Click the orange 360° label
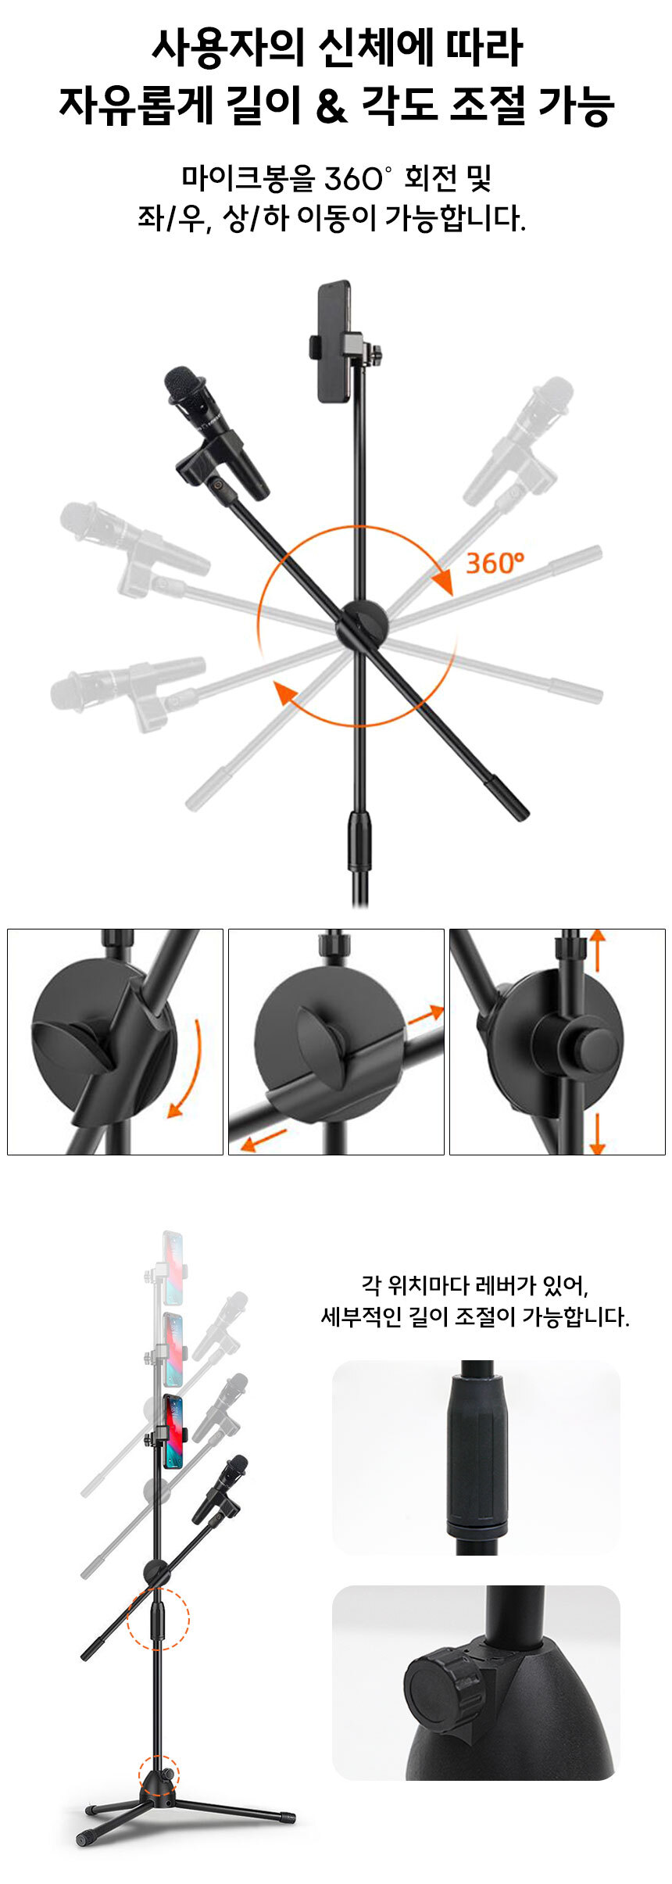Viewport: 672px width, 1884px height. click(495, 562)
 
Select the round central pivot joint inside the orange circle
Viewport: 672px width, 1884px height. click(363, 625)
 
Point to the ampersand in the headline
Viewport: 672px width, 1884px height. click(331, 106)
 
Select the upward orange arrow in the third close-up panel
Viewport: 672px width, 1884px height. click(598, 949)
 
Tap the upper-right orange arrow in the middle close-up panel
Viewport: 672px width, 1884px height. click(425, 1015)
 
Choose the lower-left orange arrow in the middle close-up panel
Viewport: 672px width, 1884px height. click(263, 1140)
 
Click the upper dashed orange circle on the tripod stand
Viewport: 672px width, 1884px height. click(158, 1618)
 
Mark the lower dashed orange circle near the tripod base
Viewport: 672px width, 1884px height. click(159, 1774)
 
